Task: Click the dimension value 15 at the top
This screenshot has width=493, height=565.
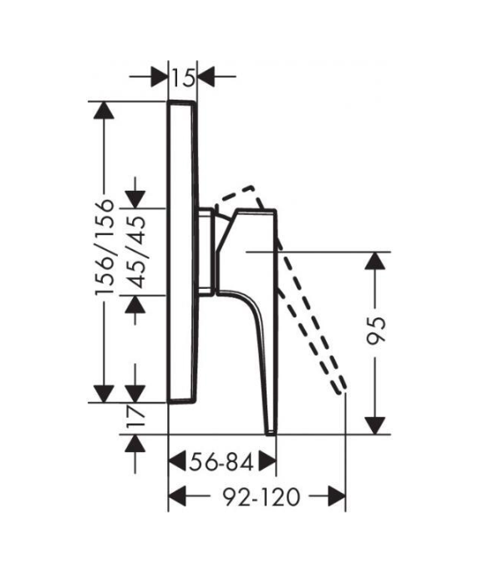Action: (x=183, y=78)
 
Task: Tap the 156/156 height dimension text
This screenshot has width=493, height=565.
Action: (x=104, y=247)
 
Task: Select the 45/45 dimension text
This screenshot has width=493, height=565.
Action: (x=137, y=252)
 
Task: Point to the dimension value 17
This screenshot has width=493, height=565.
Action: (x=136, y=416)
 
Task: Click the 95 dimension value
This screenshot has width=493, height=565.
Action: (x=376, y=331)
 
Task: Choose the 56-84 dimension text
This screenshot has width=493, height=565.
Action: (x=222, y=462)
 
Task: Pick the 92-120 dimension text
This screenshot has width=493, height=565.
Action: (x=262, y=497)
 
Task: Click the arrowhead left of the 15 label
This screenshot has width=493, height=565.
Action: (x=160, y=76)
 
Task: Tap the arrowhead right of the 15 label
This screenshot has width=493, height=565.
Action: (x=206, y=76)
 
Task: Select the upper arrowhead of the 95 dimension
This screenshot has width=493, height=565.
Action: (x=375, y=260)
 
